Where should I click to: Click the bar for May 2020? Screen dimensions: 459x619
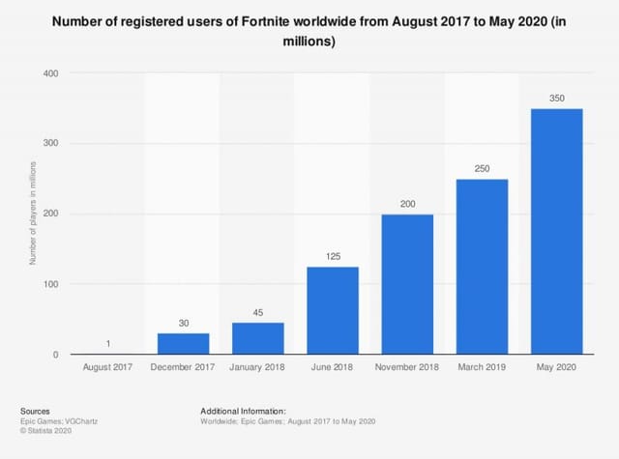(557, 232)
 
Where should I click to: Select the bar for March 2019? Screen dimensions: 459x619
(483, 267)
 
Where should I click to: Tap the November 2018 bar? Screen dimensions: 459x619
(407, 284)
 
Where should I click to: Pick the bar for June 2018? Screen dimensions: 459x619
(333, 310)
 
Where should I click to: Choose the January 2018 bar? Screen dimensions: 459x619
(257, 338)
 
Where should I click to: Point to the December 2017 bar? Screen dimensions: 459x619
(182, 344)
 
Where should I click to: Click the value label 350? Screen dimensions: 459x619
(557, 99)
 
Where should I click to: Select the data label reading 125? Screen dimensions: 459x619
(333, 257)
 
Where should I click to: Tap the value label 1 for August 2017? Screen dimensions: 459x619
(107, 344)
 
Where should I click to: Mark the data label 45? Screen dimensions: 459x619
(257, 313)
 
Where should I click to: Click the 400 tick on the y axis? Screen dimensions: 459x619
(51, 73)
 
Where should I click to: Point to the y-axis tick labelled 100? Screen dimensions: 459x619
(51, 284)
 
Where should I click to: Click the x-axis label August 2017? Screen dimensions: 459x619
(107, 368)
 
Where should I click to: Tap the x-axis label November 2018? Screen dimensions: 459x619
(407, 368)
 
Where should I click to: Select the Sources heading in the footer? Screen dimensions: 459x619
(34, 411)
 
